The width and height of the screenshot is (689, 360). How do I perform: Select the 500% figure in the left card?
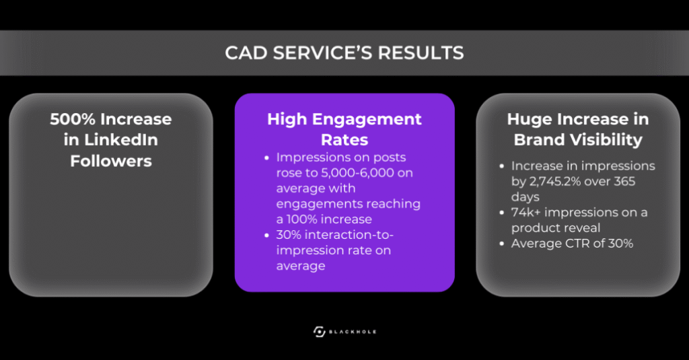(x=72, y=120)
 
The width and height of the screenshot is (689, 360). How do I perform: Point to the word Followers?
(x=111, y=161)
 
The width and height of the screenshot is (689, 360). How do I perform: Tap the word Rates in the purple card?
(x=344, y=140)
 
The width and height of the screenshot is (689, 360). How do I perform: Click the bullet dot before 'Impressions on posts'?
(x=269, y=157)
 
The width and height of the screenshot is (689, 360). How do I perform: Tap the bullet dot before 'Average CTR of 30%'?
(x=503, y=244)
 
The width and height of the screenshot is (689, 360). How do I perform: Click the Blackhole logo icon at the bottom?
(x=320, y=331)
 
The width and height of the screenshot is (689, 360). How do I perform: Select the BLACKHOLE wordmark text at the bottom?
(x=353, y=332)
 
